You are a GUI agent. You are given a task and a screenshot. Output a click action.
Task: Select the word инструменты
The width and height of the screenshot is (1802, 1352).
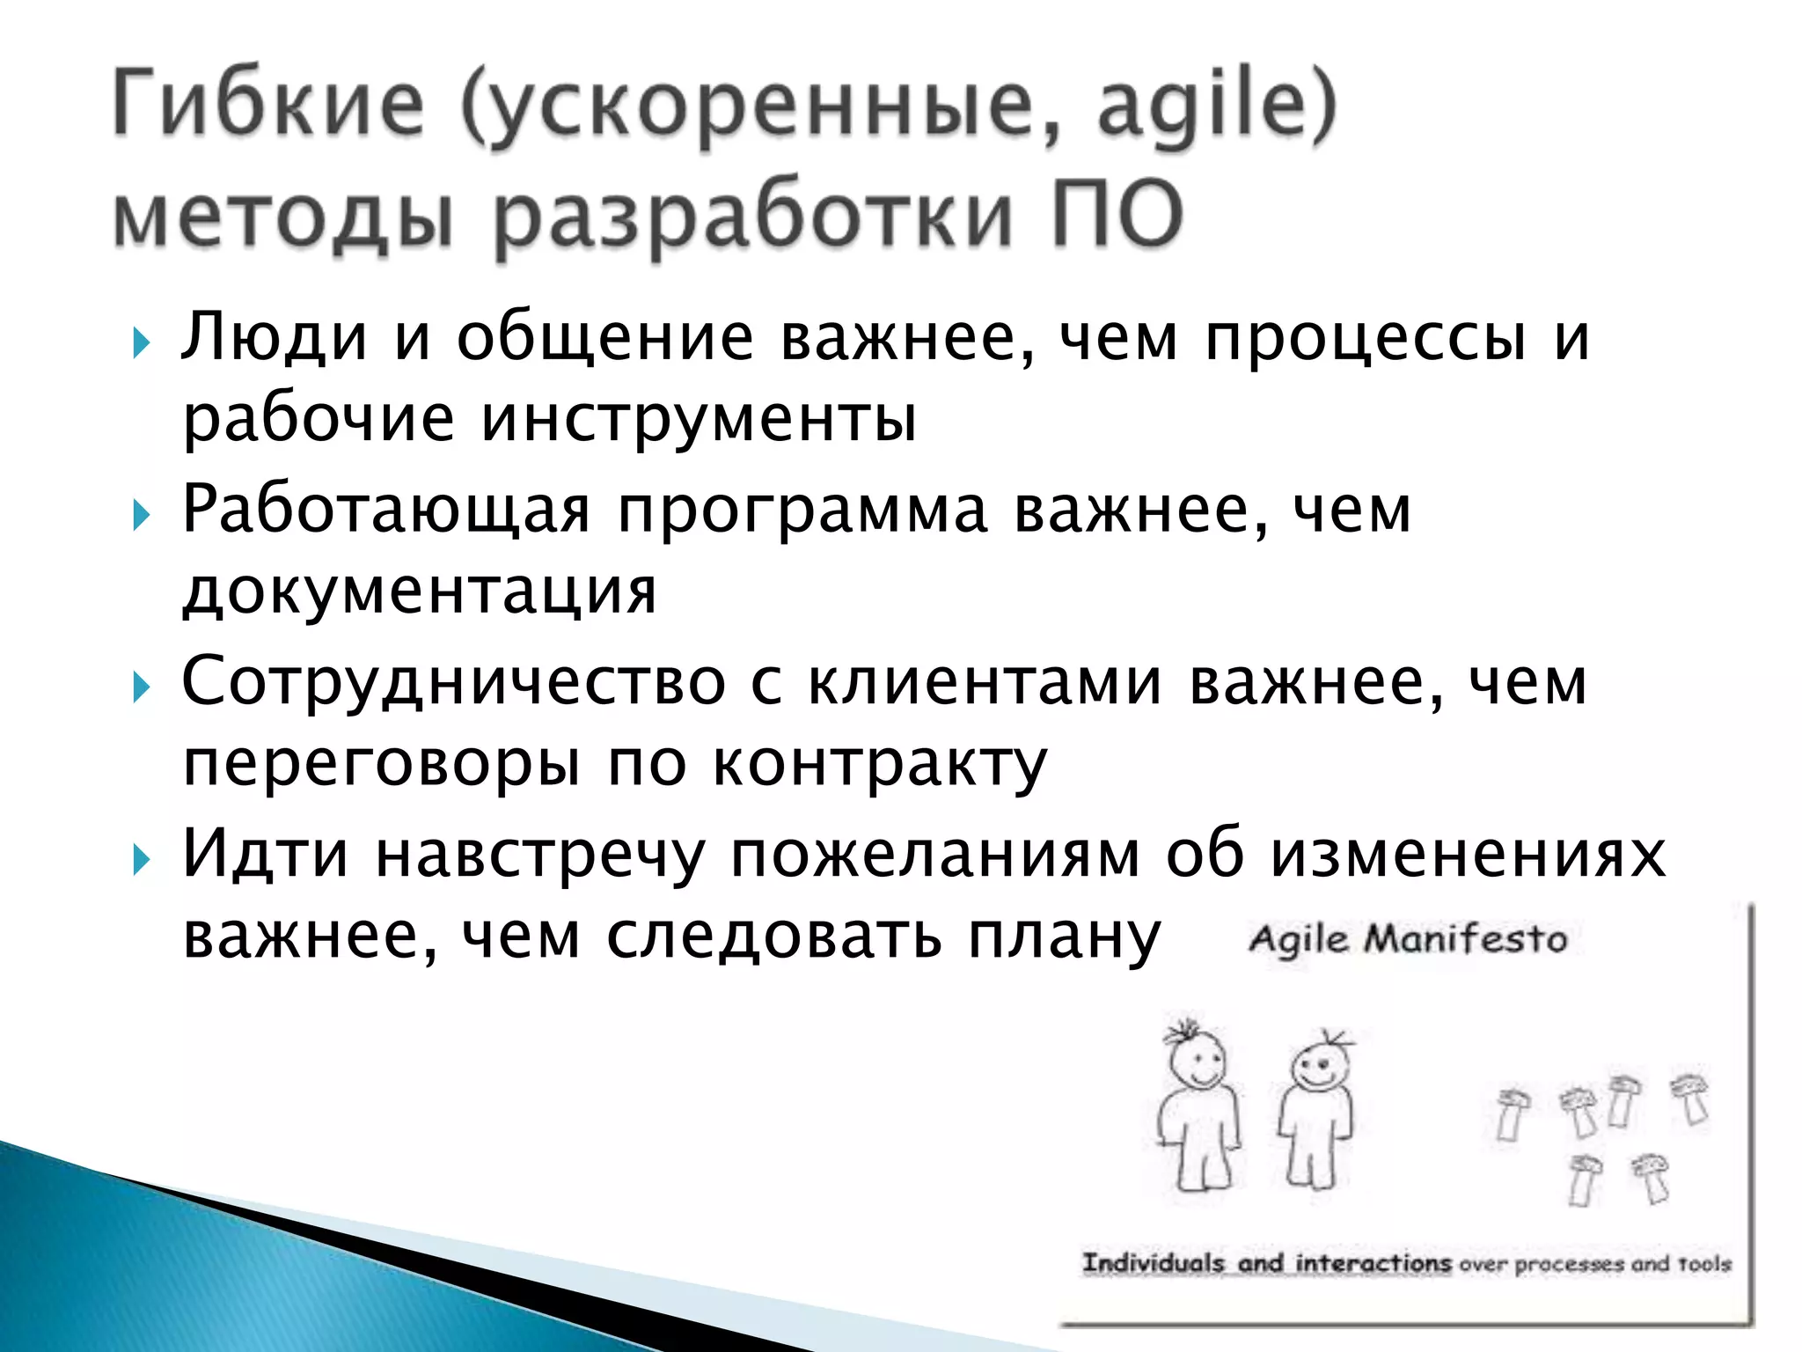700,421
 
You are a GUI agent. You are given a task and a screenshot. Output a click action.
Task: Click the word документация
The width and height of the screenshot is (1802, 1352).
420,591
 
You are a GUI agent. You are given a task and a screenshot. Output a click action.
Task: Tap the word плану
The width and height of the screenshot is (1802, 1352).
1065,937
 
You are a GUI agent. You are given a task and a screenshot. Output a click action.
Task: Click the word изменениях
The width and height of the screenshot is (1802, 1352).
1468,854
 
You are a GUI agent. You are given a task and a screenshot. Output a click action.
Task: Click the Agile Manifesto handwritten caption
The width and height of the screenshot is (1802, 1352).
1408,939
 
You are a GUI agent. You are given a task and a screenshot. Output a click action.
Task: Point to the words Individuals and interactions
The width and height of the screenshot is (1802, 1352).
1265,1263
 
